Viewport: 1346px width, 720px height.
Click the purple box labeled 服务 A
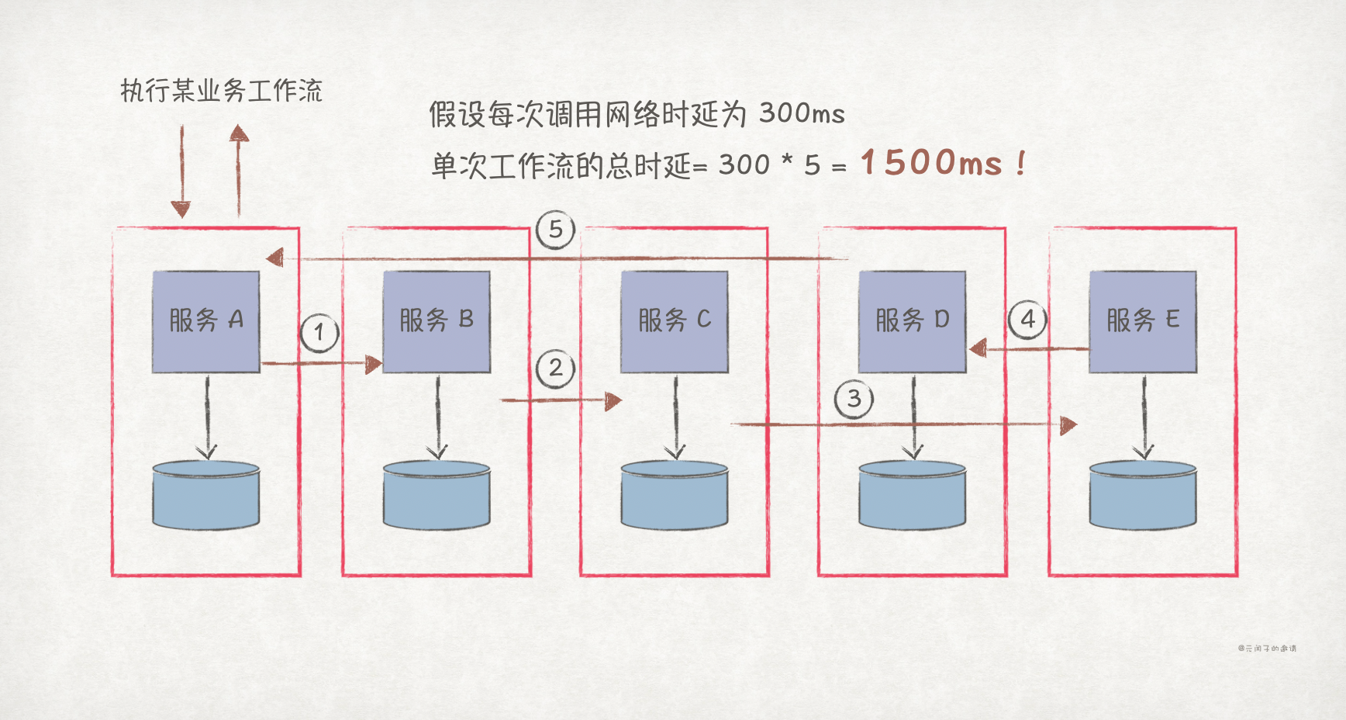click(205, 321)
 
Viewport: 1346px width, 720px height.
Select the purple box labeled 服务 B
click(437, 321)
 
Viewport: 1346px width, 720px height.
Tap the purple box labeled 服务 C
click(675, 321)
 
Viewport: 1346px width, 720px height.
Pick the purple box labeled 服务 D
click(913, 321)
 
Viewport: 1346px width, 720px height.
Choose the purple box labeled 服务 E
click(1143, 321)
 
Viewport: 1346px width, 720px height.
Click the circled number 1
click(319, 334)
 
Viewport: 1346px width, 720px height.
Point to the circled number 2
click(555, 369)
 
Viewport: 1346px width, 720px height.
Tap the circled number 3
click(854, 400)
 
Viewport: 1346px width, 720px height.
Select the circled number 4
click(1027, 320)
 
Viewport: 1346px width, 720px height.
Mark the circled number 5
click(555, 230)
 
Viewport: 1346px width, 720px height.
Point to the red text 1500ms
click(932, 163)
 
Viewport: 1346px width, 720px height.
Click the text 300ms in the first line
click(802, 114)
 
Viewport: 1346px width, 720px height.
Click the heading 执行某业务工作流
click(222, 91)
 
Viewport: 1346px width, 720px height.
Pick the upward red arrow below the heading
click(239, 171)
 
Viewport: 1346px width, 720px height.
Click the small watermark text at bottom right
click(1267, 648)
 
